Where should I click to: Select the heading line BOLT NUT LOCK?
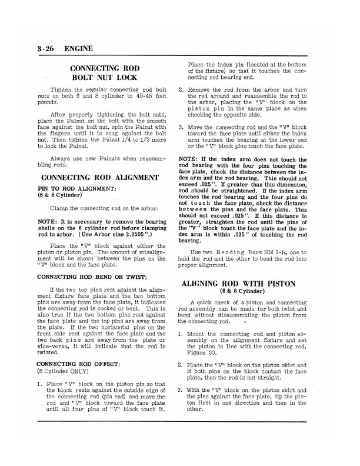click(104, 77)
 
